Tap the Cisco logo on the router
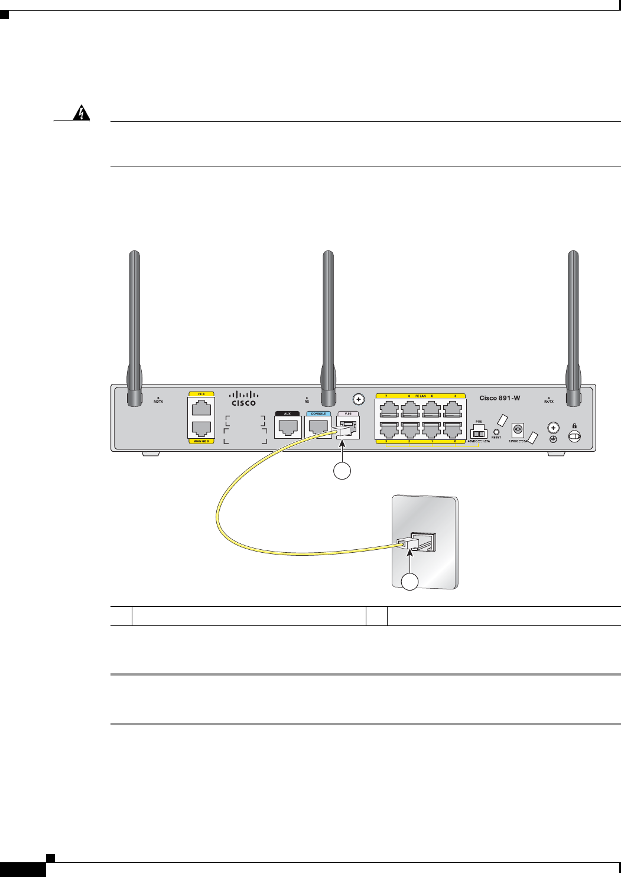[x=243, y=398]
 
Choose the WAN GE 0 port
[x=201, y=428]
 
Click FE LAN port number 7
[x=388, y=409]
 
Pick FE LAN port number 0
[x=453, y=429]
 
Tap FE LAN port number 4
[x=453, y=409]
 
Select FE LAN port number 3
[x=388, y=429]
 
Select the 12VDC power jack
[x=518, y=430]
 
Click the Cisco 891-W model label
[x=500, y=398]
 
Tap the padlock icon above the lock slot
[x=573, y=425]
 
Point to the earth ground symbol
[x=553, y=439]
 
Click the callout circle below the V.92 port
[x=342, y=471]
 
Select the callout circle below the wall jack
[x=410, y=582]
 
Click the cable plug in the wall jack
[x=405, y=543]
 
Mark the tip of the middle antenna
[x=328, y=255]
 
